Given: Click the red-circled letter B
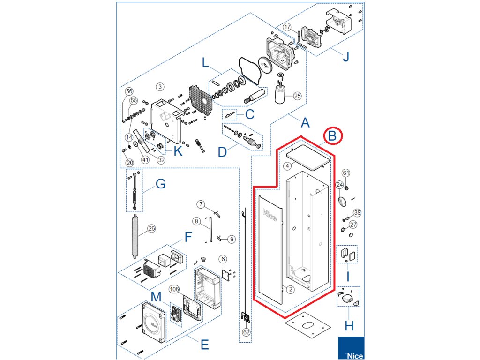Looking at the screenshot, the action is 332,135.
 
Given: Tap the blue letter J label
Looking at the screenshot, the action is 346,57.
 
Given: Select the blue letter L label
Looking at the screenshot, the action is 205,63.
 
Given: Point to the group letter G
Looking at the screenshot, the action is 161,184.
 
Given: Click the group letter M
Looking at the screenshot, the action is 156,297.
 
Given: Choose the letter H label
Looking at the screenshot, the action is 349,326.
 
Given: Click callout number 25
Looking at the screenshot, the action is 297,96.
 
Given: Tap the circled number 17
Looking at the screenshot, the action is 287,27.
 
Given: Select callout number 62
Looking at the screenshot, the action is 247,332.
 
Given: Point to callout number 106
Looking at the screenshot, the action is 174,289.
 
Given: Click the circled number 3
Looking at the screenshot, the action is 160,87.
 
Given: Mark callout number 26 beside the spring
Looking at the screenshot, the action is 151,228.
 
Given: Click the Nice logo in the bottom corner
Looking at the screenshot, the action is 351,348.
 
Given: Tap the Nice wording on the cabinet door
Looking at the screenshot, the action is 270,215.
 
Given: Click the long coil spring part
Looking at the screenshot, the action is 135,237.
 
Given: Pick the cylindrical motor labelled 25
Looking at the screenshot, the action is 280,93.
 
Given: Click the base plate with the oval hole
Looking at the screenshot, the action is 308,325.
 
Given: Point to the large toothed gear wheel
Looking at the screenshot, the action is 265,65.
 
